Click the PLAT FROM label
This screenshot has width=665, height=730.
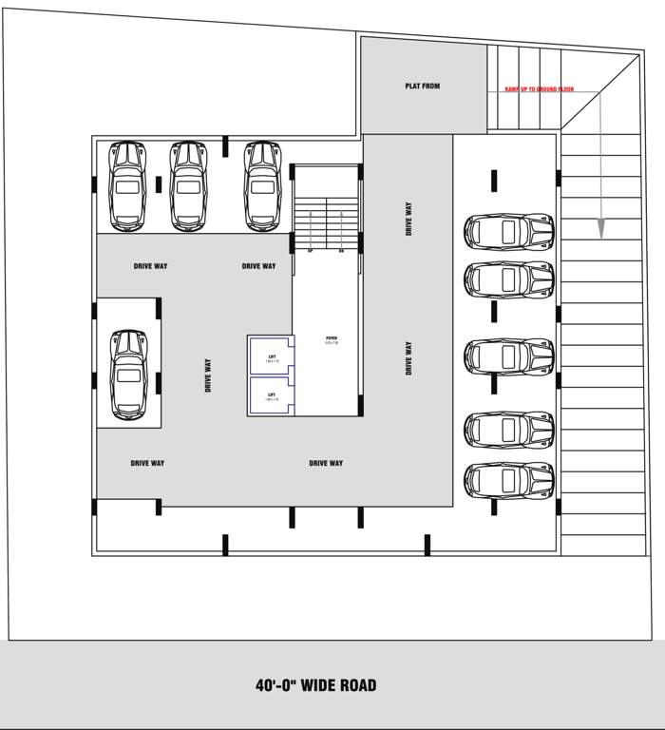click(x=423, y=86)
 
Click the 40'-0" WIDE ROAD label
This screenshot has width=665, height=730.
click(x=315, y=684)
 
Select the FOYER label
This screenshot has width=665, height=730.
click(x=332, y=339)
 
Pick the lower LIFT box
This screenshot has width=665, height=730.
click(x=272, y=396)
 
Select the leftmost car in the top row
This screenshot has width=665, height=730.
click(x=126, y=185)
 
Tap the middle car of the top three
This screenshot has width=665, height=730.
click(x=188, y=185)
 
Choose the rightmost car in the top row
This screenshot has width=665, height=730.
click(x=262, y=185)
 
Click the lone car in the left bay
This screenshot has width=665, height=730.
click(x=128, y=374)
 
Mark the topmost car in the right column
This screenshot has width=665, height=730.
click(x=508, y=231)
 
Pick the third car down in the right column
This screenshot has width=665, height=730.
click(x=508, y=355)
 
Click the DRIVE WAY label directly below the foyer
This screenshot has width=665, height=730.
click(x=326, y=463)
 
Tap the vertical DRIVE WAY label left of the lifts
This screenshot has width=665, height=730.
click(x=208, y=375)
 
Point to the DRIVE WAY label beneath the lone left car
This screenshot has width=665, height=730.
click(x=147, y=463)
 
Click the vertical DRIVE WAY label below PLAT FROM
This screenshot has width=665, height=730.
click(x=409, y=219)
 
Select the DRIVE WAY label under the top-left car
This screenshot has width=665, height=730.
click(x=150, y=266)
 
